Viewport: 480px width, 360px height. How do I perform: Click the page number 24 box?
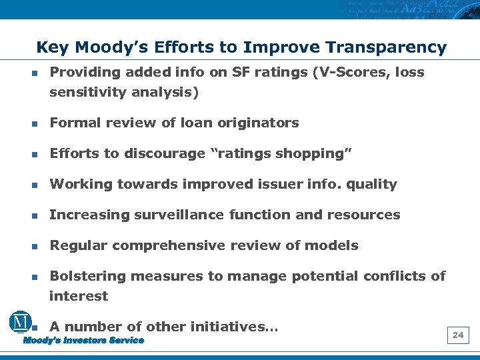click(x=458, y=335)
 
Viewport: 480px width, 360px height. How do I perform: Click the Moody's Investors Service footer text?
click(x=83, y=341)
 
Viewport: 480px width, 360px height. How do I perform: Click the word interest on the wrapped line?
click(x=78, y=296)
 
